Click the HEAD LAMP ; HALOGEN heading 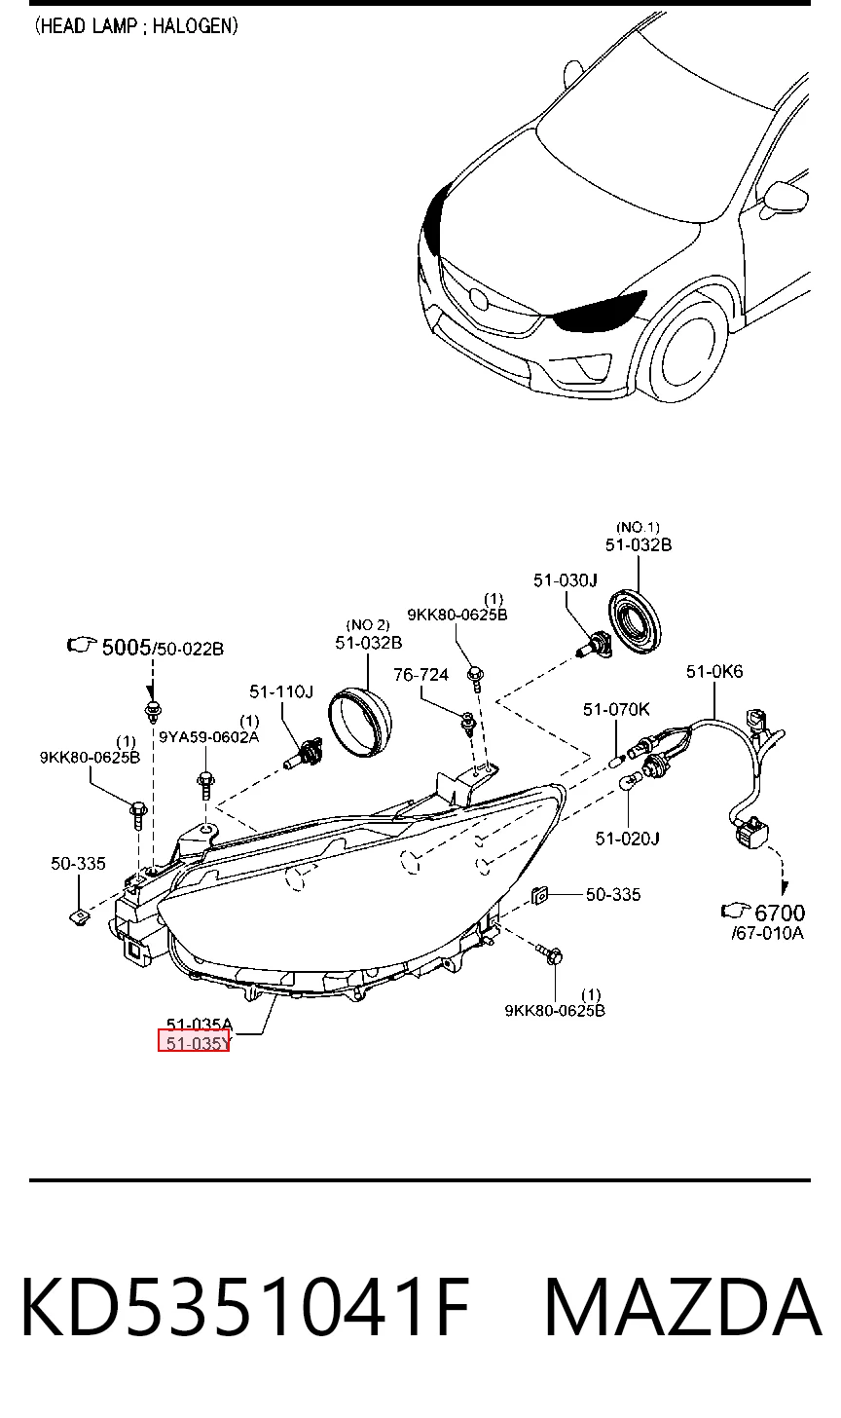point(136,26)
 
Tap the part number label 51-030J point(566,579)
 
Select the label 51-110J point(281,691)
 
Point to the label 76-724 point(420,675)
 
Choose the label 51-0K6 point(714,671)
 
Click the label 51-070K point(616,709)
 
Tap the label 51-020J point(627,839)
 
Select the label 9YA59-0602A point(209,737)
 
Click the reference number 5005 point(127,647)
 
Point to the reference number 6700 point(781,913)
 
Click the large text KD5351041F point(245,1308)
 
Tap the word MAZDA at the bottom point(682,1308)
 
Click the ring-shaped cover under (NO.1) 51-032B point(636,620)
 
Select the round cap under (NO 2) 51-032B point(360,722)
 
